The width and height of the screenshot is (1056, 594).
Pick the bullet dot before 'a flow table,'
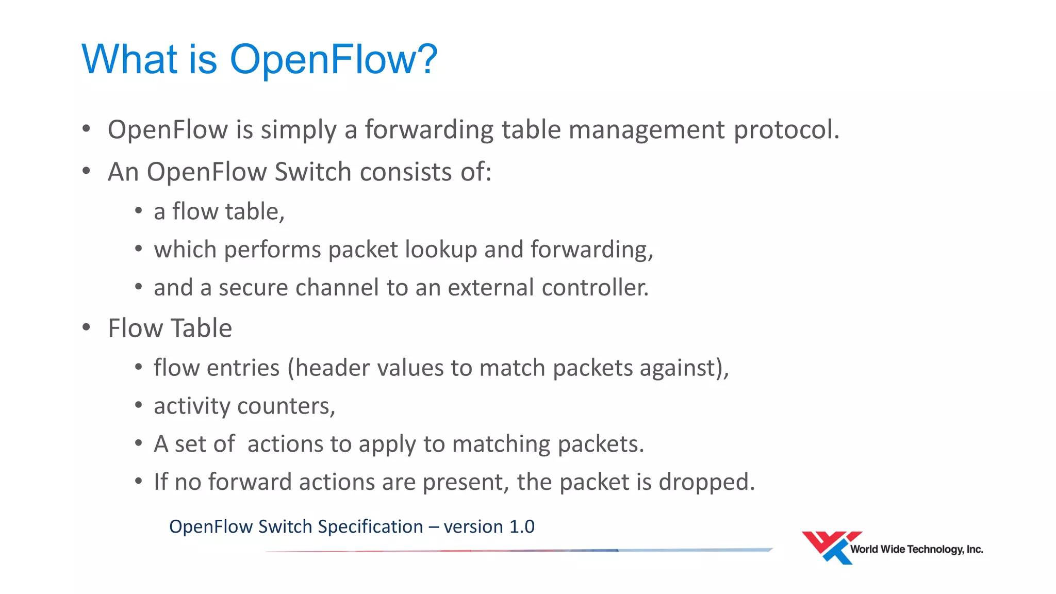pyautogui.click(x=138, y=211)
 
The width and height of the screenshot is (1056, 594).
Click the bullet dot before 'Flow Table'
pyautogui.click(x=87, y=327)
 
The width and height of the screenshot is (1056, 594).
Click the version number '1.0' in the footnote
pyautogui.click(x=522, y=527)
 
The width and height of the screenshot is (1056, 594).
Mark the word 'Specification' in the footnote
pyautogui.click(x=370, y=527)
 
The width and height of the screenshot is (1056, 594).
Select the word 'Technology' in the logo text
pyautogui.click(x=935, y=550)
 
